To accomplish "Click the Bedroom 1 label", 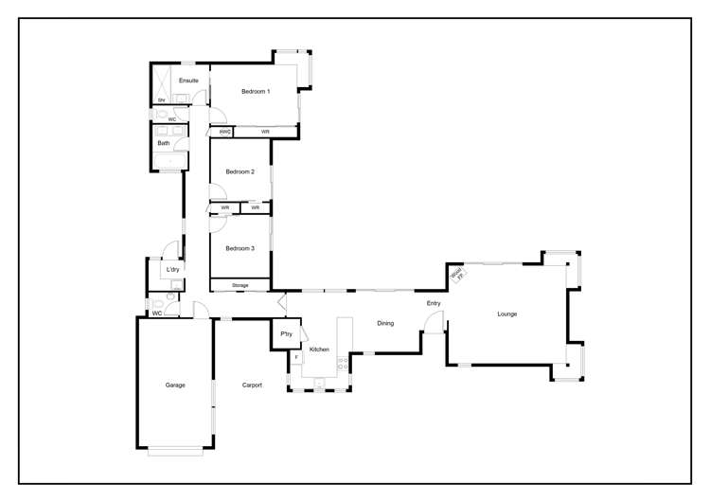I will click(x=256, y=91).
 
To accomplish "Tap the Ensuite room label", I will click(x=188, y=81).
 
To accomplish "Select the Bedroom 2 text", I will click(x=240, y=171).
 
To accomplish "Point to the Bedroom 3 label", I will click(x=240, y=248).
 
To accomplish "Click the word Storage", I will click(x=240, y=285).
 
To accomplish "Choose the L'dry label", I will click(x=172, y=270).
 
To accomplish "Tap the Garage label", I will click(x=175, y=385).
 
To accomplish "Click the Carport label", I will click(x=252, y=385).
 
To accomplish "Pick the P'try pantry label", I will click(x=286, y=334).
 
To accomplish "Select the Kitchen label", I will click(x=319, y=350).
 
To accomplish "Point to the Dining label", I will click(x=385, y=323).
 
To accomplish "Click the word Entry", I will click(x=434, y=303).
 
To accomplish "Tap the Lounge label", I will click(x=507, y=314).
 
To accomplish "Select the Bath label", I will click(x=164, y=143).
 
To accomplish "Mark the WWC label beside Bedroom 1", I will click(x=225, y=132).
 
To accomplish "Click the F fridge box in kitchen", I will click(x=295, y=357).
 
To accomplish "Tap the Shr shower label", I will click(x=161, y=99).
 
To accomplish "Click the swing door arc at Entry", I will click(x=434, y=324).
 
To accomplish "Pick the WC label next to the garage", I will click(x=156, y=312).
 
